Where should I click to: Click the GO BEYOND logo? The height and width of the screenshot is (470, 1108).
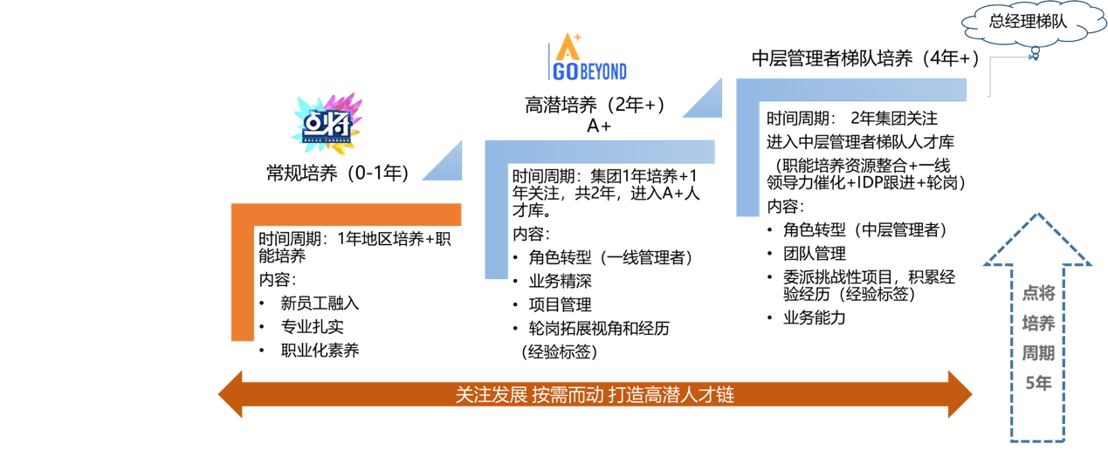click(587, 58)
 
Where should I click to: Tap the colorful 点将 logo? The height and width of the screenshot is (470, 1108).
click(327, 123)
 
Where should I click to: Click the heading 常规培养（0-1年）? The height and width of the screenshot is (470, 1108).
click(337, 173)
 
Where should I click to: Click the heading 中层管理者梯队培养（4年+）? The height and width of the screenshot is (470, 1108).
click(865, 58)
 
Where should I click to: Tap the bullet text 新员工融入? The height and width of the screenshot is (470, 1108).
click(320, 303)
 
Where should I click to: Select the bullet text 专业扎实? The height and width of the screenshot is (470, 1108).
click(312, 327)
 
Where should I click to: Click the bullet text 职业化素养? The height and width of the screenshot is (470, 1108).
click(320, 351)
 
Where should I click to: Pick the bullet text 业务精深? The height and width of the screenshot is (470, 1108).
click(560, 281)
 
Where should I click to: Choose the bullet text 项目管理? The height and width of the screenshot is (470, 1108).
click(560, 304)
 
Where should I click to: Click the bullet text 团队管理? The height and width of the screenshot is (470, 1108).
click(814, 254)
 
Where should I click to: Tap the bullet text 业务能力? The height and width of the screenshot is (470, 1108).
click(814, 317)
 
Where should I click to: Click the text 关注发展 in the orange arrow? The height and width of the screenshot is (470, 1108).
click(492, 395)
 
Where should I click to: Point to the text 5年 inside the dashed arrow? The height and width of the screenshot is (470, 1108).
click(1038, 383)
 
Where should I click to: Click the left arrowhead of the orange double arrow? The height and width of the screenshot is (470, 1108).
click(231, 394)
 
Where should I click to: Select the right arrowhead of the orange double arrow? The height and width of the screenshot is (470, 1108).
click(960, 394)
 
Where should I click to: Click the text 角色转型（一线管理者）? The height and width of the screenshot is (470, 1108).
click(610, 257)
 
